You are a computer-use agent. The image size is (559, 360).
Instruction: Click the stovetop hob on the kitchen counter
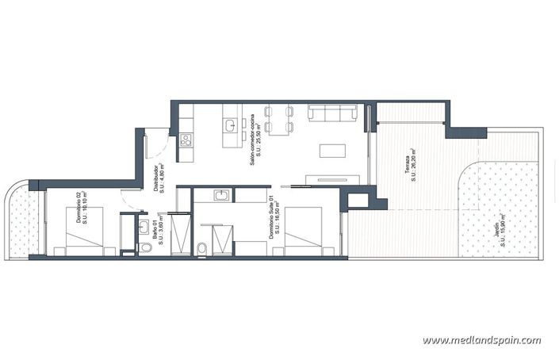[x=186, y=140]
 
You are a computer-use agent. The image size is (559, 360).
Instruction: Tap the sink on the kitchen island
[x=229, y=125]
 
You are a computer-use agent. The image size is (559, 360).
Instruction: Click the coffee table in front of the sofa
[x=332, y=150]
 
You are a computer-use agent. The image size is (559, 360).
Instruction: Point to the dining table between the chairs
[x=279, y=120]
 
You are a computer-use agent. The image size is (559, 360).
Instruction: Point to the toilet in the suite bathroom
[x=202, y=249]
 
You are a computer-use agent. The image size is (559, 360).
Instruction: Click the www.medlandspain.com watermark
[x=481, y=340]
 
